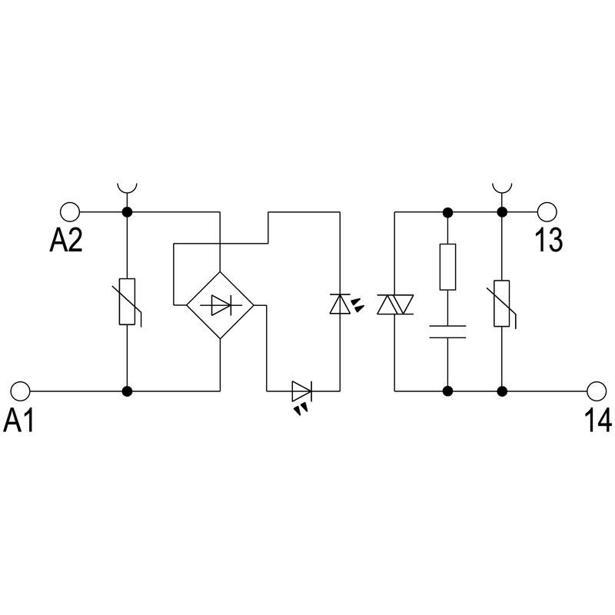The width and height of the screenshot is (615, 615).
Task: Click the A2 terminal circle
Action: [x=70, y=212]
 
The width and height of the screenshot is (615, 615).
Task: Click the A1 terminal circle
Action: [x=21, y=391]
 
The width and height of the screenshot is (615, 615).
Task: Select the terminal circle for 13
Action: [x=547, y=212]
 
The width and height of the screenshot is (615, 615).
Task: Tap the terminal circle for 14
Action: [x=597, y=391]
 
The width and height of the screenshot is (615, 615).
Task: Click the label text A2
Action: [x=66, y=241]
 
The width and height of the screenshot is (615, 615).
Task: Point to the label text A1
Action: [x=18, y=420]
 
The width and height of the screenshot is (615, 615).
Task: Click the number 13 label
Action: [x=549, y=240]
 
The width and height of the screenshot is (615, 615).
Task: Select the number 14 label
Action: [x=598, y=420]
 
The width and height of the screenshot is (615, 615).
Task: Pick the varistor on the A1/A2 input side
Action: [x=128, y=301]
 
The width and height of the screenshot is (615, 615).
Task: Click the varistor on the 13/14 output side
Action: [x=502, y=304]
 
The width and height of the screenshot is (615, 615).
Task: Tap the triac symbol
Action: [x=395, y=304]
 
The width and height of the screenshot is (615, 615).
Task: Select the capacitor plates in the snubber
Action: [x=447, y=331]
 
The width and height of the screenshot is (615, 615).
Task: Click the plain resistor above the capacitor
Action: [x=447, y=267]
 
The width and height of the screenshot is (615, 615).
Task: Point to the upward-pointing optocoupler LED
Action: [x=340, y=304]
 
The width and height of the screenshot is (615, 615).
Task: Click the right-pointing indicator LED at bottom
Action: [x=302, y=391]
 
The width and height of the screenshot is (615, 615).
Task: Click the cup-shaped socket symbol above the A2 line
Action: [x=127, y=188]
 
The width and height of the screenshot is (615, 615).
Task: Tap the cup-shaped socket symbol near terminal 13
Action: [x=502, y=188]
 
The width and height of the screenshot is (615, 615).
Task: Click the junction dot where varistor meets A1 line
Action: [x=127, y=391]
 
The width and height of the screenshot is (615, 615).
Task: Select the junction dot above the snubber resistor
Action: [x=447, y=213]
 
